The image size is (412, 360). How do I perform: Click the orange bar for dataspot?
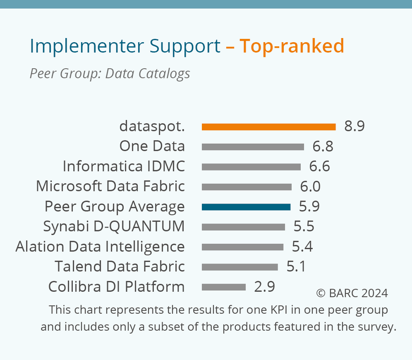pos(269,127)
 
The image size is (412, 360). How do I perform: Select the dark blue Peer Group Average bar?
pos(246,207)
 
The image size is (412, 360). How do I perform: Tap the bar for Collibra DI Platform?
pos(224,287)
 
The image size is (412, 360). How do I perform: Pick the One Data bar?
pos(253,147)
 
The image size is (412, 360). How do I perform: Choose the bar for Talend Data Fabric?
pos(240,267)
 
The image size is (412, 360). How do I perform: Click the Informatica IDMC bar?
pos(251,167)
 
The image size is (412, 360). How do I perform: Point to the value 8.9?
pos(354,126)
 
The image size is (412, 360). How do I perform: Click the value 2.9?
pos(265,287)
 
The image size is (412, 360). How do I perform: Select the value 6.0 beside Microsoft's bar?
pos(310,187)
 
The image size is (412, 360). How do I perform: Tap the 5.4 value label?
pos(302,247)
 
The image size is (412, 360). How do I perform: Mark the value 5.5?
pos(304,227)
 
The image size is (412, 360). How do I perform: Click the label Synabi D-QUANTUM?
pos(114,226)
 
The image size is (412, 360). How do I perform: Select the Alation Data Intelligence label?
pos(100,246)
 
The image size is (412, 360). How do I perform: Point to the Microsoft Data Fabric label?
pos(110,186)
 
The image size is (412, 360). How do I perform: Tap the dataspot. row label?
pos(152,126)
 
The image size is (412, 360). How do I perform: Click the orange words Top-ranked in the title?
pos(292,46)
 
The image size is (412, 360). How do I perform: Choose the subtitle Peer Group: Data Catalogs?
pos(110,73)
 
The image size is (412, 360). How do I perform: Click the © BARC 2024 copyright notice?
pos(352,293)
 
